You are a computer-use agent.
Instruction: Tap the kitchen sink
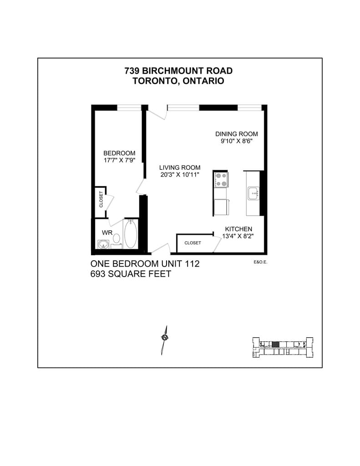click(254, 193)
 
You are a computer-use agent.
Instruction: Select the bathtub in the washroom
click(131, 234)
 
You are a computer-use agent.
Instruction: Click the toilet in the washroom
click(116, 238)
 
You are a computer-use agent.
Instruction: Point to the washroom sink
click(103, 245)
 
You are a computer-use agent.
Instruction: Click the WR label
click(107, 232)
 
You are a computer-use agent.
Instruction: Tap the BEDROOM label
click(119, 153)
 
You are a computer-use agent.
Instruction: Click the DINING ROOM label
click(236, 134)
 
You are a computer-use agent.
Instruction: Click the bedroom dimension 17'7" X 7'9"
click(119, 160)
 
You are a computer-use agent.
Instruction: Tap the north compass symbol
click(164, 338)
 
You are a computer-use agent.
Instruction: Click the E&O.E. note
click(260, 262)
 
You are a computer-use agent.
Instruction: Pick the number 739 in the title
click(132, 71)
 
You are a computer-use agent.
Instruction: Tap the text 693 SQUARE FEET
click(131, 274)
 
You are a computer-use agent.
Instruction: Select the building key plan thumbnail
click(283, 347)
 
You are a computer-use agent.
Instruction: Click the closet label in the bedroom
click(101, 199)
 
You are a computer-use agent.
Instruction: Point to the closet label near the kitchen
click(193, 243)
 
